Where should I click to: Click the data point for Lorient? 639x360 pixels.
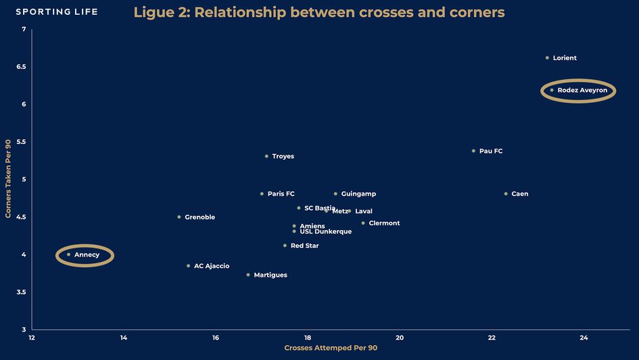click(x=547, y=58)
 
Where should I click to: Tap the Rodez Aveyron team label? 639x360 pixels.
click(x=582, y=90)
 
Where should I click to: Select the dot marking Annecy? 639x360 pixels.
click(x=69, y=254)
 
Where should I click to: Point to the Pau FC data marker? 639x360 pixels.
click(x=473, y=151)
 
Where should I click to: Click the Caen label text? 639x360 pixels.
click(x=520, y=194)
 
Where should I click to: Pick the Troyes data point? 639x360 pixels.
click(x=266, y=156)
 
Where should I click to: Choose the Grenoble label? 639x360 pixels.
click(x=199, y=217)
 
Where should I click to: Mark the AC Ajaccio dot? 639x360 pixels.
click(x=188, y=266)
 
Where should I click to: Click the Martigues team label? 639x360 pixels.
click(x=270, y=275)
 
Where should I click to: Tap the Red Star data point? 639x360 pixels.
click(x=285, y=246)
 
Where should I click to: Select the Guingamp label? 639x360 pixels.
click(x=358, y=194)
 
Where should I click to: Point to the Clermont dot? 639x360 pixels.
click(x=363, y=223)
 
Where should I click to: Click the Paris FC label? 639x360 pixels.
click(x=281, y=194)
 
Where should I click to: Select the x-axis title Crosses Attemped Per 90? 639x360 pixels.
click(x=331, y=348)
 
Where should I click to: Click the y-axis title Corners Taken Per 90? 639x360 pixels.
click(x=7, y=179)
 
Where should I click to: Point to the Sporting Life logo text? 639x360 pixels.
click(x=57, y=12)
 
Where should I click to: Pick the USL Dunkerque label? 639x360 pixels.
click(x=325, y=231)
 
